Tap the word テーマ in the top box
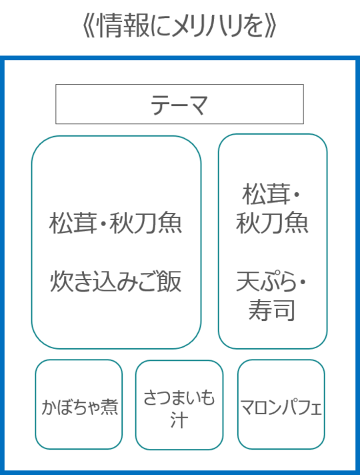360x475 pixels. click(x=179, y=105)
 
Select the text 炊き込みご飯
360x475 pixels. click(x=115, y=282)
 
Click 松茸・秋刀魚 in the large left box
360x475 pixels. click(x=115, y=223)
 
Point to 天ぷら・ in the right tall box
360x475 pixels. click(x=271, y=282)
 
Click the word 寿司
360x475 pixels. click(x=271, y=310)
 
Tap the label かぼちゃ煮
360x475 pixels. click(x=79, y=406)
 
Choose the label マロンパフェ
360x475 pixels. click(x=281, y=408)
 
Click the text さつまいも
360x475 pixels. click(x=179, y=398)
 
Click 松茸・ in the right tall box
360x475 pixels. click(x=271, y=194)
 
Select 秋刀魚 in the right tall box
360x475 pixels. click(x=272, y=223)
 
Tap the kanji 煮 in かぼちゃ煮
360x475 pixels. click(x=109, y=406)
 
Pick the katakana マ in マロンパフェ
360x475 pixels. click(x=247, y=408)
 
